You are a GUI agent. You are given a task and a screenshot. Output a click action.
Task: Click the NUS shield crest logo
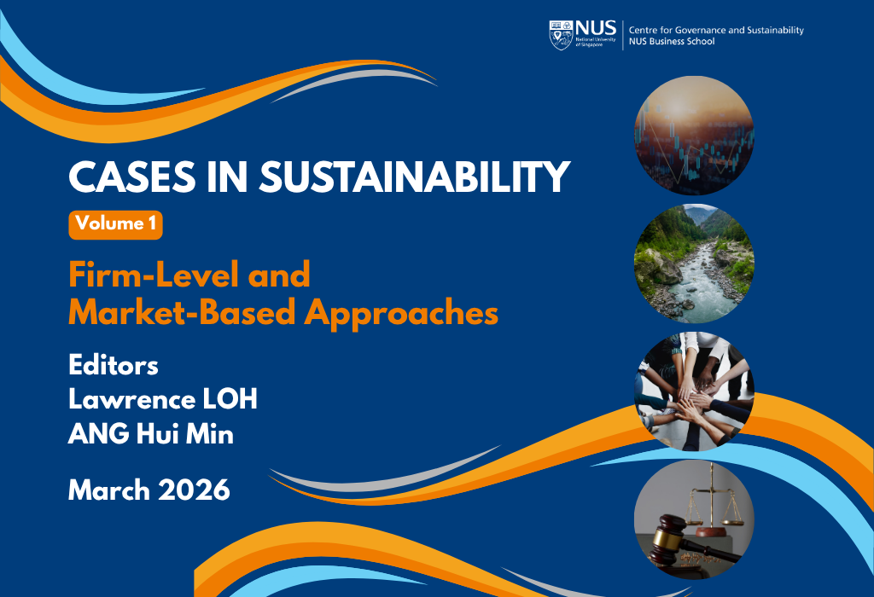tap(561, 35)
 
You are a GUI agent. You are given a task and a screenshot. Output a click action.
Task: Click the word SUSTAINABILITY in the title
tap(415, 177)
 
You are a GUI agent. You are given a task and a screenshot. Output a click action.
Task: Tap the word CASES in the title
tap(132, 177)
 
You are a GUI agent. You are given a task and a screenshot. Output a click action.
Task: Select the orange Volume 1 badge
tap(115, 225)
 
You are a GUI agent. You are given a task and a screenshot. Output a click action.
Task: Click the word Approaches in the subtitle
tap(401, 314)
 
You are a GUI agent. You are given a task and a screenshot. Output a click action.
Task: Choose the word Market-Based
tap(182, 312)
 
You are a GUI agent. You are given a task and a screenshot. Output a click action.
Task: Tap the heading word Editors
tap(114, 365)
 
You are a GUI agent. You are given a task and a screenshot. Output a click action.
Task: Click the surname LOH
tap(230, 399)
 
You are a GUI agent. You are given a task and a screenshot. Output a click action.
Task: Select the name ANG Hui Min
tap(150, 434)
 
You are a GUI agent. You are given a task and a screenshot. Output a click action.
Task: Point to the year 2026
tap(194, 490)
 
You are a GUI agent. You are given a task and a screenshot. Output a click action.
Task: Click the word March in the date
tap(109, 490)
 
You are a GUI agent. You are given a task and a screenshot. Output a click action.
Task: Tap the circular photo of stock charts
tap(694, 136)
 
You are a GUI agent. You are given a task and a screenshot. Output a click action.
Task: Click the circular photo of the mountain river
tap(694, 264)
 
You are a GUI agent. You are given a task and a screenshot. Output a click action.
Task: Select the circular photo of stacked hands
tap(694, 391)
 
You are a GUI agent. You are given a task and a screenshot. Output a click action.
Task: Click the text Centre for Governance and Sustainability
tap(716, 30)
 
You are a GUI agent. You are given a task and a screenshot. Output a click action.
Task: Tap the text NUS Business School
tap(672, 41)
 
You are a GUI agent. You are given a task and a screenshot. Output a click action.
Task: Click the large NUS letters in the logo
tap(596, 28)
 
